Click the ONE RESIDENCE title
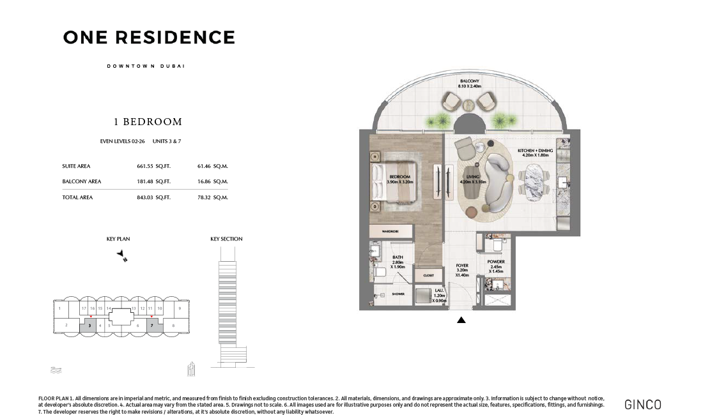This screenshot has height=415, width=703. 149,38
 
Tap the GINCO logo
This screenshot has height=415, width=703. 642,404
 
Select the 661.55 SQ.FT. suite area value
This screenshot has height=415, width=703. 153,166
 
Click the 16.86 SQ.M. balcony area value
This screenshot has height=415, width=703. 213,181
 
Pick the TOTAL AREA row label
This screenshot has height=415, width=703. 77,197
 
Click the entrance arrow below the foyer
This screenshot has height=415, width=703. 461,321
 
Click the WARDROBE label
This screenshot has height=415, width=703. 390,232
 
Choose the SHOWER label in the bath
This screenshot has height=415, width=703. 398,294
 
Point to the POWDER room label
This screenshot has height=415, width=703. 496,262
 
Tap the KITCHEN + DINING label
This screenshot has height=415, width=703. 536,151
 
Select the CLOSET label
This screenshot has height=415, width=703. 428,276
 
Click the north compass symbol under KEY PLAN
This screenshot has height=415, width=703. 122,255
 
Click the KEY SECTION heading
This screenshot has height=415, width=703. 226,239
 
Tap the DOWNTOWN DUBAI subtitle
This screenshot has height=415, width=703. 146,66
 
